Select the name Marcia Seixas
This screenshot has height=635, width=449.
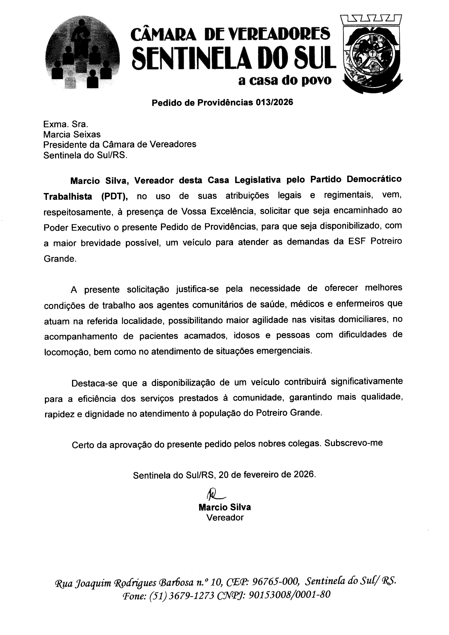tap(72, 134)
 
